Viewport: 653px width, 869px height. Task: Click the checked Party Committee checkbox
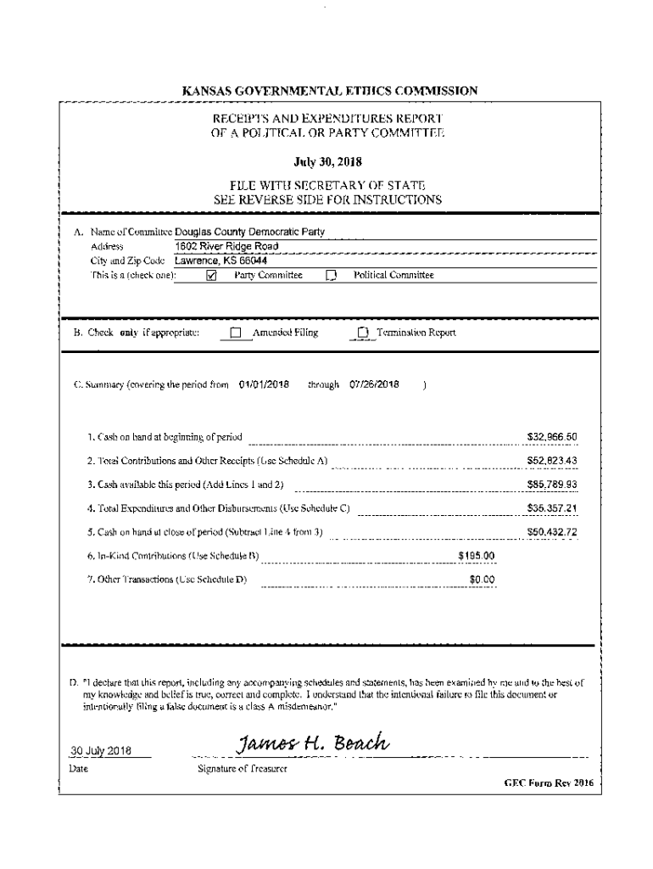pyautogui.click(x=213, y=275)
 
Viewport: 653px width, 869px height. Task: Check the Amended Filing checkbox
pyautogui.click(x=236, y=333)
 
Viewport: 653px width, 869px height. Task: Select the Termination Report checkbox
pyautogui.click(x=363, y=333)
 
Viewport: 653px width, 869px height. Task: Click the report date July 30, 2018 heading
pyautogui.click(x=326, y=158)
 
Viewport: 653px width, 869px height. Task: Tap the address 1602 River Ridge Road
pyautogui.click(x=226, y=246)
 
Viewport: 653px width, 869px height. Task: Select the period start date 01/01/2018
pyautogui.click(x=264, y=384)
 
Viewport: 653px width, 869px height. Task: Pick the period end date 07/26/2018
pyautogui.click(x=374, y=384)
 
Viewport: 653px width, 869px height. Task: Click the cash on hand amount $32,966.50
pyautogui.click(x=552, y=437)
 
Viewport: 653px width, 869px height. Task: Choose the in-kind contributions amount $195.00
pyautogui.click(x=476, y=556)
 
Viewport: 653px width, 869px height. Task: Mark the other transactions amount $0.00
pyautogui.click(x=482, y=580)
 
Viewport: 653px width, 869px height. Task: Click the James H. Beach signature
pyautogui.click(x=314, y=744)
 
